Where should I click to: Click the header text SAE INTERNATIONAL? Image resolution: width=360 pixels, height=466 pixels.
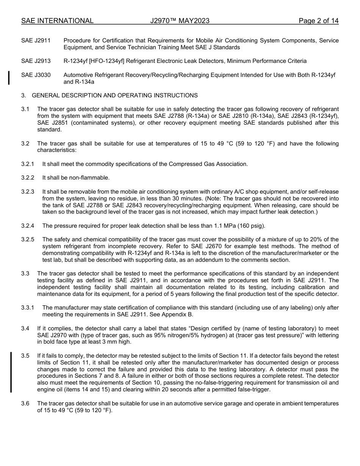pos(57,21)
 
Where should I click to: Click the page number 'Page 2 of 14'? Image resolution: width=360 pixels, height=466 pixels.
pos(318,21)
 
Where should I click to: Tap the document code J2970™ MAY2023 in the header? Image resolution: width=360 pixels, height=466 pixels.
pos(180,21)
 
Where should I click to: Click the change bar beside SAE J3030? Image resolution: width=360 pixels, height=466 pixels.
pos(9,78)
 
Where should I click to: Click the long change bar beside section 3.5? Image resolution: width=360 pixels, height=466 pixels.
pos(11,372)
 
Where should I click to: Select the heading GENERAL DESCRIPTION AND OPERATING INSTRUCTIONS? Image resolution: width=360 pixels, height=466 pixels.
pos(114,95)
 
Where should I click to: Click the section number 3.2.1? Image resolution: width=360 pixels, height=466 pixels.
pos(28,164)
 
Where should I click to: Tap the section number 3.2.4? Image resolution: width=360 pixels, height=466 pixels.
pos(28,226)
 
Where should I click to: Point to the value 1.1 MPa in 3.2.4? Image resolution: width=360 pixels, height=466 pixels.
pos(225,226)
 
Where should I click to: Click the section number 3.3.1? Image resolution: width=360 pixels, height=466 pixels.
pos(28,308)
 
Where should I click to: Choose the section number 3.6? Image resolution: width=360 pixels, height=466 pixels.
pos(25,403)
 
